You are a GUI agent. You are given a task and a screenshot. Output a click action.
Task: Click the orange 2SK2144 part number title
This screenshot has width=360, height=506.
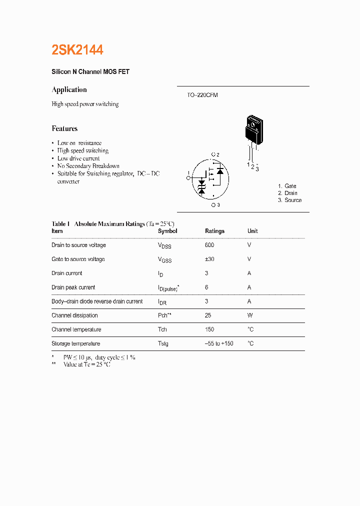click(77, 50)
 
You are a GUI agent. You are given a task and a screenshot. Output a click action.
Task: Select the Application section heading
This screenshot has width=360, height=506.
click(69, 89)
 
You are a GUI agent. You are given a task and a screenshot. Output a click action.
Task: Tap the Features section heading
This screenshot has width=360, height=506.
click(64, 128)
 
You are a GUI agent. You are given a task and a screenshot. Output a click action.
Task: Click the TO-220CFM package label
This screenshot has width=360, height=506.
click(199, 95)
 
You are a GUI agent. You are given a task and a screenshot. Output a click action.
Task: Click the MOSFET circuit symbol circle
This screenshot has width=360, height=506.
click(210, 178)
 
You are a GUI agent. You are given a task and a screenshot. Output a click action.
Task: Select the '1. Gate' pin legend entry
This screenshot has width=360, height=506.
click(287, 186)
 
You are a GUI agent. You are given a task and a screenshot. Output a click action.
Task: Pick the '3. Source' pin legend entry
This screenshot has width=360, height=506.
click(290, 200)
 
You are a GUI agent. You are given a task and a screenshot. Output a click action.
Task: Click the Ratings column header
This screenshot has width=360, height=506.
click(214, 231)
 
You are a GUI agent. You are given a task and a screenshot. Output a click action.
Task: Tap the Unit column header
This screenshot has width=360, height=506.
click(252, 231)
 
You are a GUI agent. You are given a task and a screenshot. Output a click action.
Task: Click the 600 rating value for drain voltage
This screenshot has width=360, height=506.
click(209, 245)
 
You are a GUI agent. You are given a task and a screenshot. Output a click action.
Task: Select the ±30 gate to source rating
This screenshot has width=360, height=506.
click(209, 259)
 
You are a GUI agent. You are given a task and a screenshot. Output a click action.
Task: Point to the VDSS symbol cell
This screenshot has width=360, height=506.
click(164, 245)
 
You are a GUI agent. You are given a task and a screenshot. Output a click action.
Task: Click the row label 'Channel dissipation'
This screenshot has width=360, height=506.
click(74, 315)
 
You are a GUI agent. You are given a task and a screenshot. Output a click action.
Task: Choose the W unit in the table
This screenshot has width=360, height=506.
click(250, 315)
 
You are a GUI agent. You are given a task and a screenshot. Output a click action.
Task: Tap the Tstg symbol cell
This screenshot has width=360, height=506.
click(163, 343)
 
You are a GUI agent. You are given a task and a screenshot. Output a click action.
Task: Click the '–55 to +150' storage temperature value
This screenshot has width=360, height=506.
click(219, 343)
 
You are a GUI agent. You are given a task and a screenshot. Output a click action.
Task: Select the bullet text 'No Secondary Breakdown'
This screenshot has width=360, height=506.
click(88, 166)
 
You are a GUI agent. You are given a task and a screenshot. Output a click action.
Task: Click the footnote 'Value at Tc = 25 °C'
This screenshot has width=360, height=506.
click(86, 364)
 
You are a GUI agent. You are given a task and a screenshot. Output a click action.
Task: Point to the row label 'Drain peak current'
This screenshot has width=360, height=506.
click(73, 287)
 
